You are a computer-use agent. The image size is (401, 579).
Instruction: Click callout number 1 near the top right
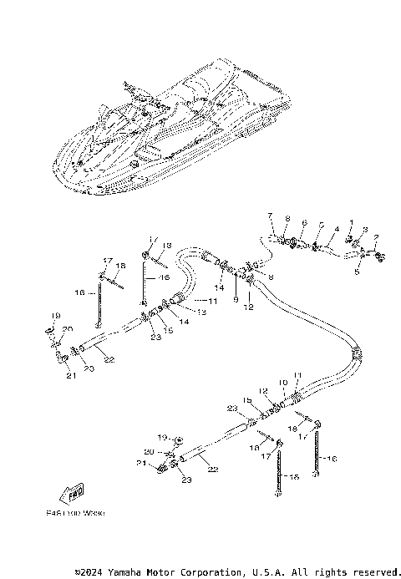[352, 221]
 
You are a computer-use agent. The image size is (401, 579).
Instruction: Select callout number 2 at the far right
[377, 236]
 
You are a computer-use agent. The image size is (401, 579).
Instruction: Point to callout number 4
[337, 228]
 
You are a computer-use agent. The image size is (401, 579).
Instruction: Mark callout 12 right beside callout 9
[248, 307]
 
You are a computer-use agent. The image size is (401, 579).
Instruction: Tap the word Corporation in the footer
[211, 571]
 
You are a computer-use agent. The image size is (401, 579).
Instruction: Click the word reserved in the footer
[369, 571]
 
